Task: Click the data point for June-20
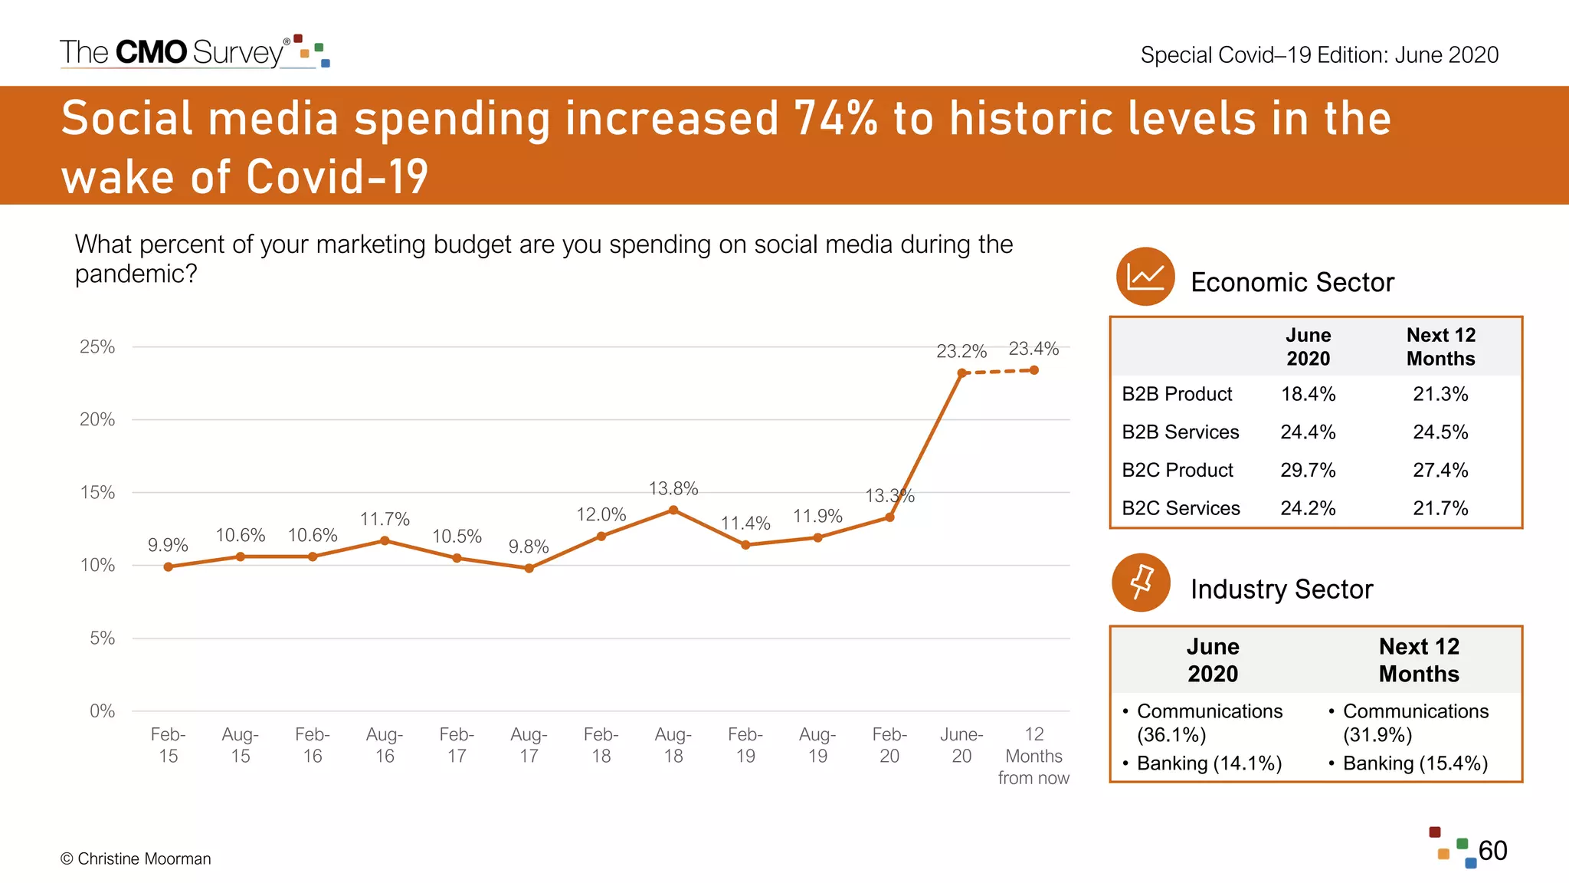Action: click(961, 373)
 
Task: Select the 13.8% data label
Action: click(673, 488)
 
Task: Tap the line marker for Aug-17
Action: click(529, 568)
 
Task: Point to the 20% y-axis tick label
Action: click(97, 419)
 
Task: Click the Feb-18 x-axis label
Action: click(601, 745)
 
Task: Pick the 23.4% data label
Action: click(1033, 349)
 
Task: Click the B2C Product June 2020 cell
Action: click(1307, 470)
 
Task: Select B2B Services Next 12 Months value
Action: click(1440, 432)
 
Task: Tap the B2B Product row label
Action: click(1177, 394)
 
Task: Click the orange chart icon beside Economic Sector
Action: click(1145, 277)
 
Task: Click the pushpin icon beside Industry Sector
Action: click(1141, 583)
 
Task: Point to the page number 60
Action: click(1492, 850)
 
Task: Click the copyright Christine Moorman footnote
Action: click(136, 858)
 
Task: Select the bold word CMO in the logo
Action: click(151, 52)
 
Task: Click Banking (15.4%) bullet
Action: click(1414, 763)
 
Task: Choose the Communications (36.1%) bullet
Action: click(1208, 723)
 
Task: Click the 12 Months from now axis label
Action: click(1033, 756)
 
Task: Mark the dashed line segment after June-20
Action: click(997, 372)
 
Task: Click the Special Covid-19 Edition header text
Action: click(1318, 55)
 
